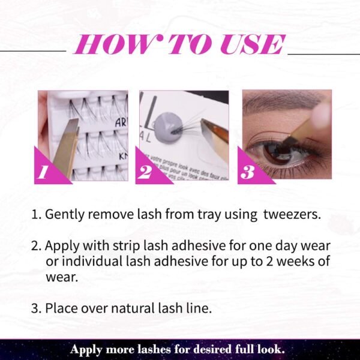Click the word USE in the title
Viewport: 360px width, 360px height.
pos(253,44)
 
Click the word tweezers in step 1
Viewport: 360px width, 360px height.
pos(292,214)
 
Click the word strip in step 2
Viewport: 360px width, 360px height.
pos(126,247)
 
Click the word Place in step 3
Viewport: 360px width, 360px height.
pos(61,308)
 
